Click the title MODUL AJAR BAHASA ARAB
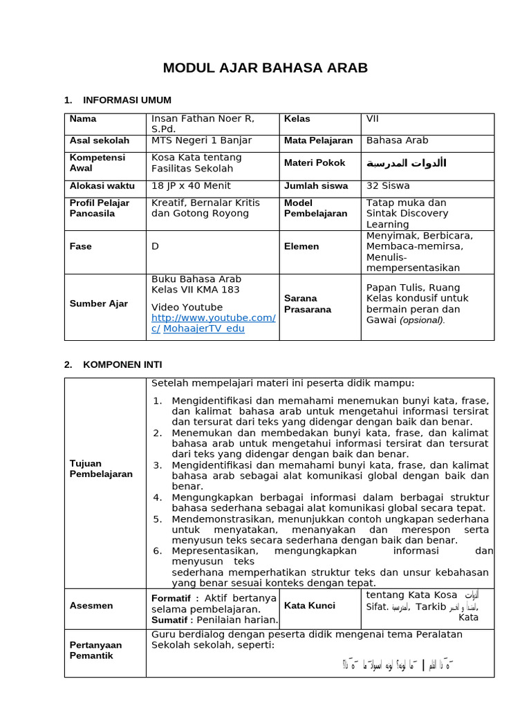(x=265, y=68)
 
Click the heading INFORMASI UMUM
(x=127, y=100)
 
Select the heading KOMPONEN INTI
(x=122, y=364)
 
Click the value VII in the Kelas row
(x=373, y=119)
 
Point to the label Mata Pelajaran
(x=318, y=140)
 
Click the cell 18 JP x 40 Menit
(x=191, y=185)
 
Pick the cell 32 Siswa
(x=387, y=185)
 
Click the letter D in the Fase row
(x=155, y=246)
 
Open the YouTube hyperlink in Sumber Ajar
(x=213, y=318)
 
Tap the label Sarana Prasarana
(x=307, y=304)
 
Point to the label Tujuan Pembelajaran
(x=101, y=469)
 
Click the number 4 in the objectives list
(x=158, y=497)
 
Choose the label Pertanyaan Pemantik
(x=95, y=650)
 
